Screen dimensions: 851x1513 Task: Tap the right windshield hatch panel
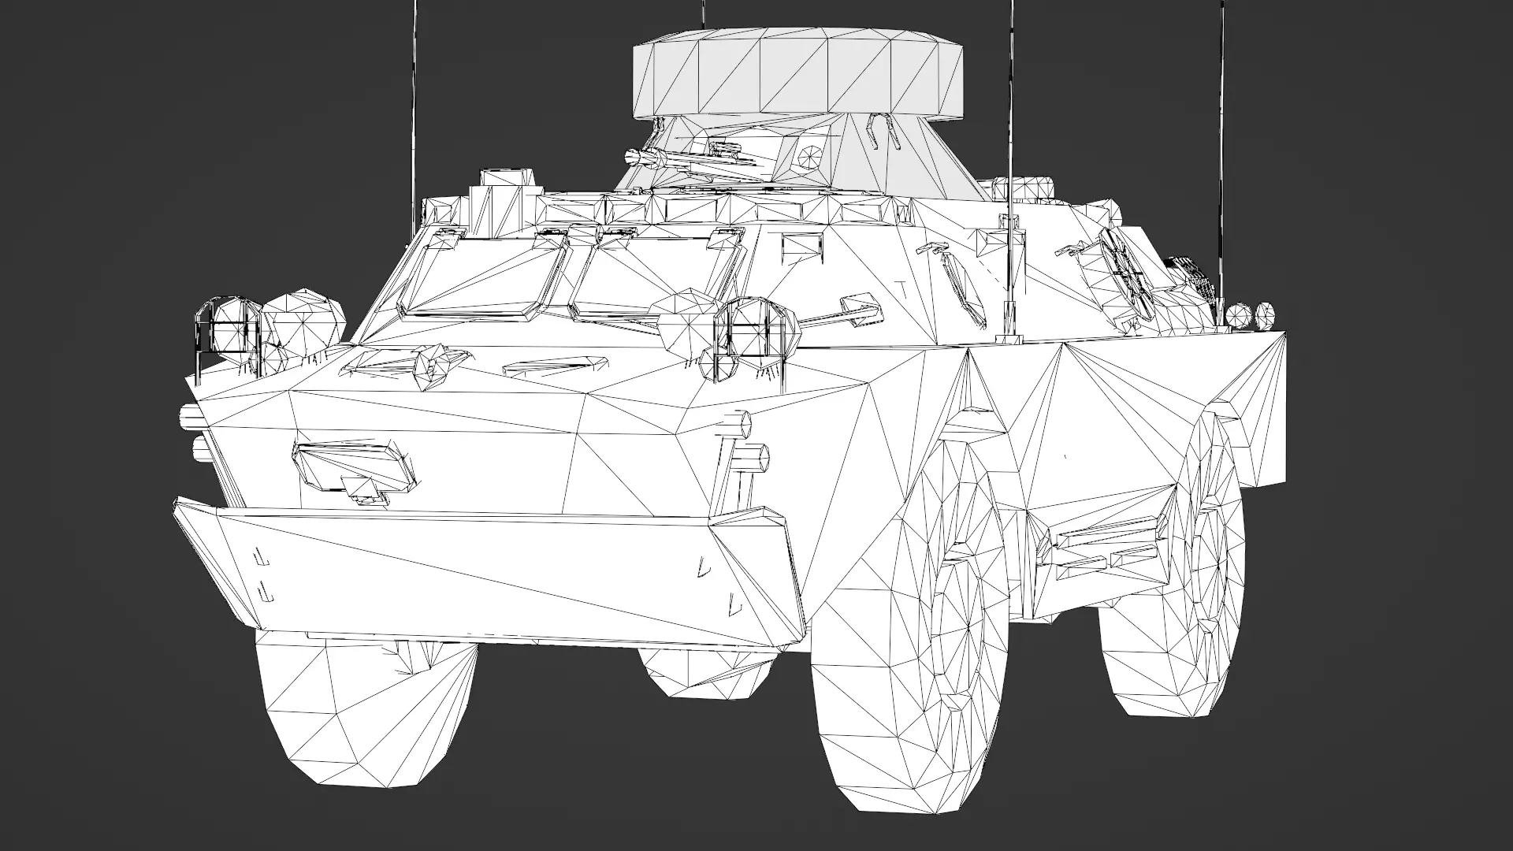658,276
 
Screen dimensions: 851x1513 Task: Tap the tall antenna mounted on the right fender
1011,158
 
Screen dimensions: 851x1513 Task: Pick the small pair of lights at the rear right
1251,314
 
